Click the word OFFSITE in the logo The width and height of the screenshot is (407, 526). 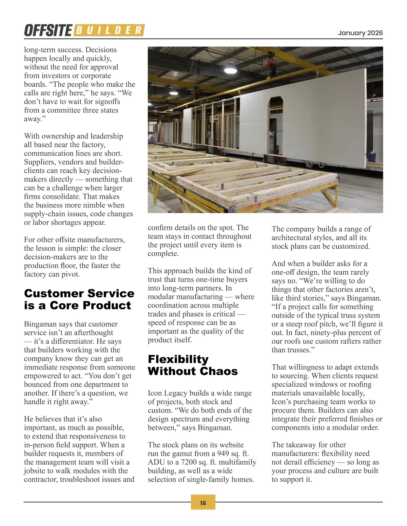(x=47, y=30)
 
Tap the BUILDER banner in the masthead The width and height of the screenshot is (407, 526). (x=109, y=30)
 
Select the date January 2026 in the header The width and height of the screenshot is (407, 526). (x=360, y=33)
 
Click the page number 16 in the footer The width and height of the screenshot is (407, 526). (x=203, y=503)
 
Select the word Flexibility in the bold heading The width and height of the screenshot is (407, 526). (x=178, y=359)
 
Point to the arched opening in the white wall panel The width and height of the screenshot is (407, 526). (x=275, y=112)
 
